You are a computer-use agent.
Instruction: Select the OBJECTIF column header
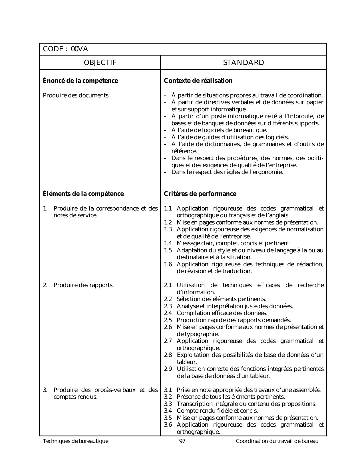pos(100,63)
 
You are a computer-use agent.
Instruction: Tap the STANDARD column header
pos(244,63)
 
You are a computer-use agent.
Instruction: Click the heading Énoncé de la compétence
pos(80,81)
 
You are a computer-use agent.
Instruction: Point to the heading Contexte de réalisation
pos(198,81)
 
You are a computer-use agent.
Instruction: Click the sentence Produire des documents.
pos(76,95)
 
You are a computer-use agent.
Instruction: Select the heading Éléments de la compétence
pos(83,194)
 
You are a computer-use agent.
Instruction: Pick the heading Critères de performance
pos(200,194)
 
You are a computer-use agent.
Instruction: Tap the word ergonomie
pos(268,172)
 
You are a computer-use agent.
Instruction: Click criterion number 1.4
pos(168,243)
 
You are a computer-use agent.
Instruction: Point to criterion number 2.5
pos(168,320)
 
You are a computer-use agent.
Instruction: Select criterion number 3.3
pos(168,404)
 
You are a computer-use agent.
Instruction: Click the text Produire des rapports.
pos(83,285)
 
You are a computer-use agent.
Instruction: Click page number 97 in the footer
pos(182,442)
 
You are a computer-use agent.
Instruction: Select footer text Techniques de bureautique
pos(76,442)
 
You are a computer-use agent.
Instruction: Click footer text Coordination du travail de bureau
pos(277,442)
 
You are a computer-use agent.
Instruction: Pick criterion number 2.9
pos(168,369)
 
